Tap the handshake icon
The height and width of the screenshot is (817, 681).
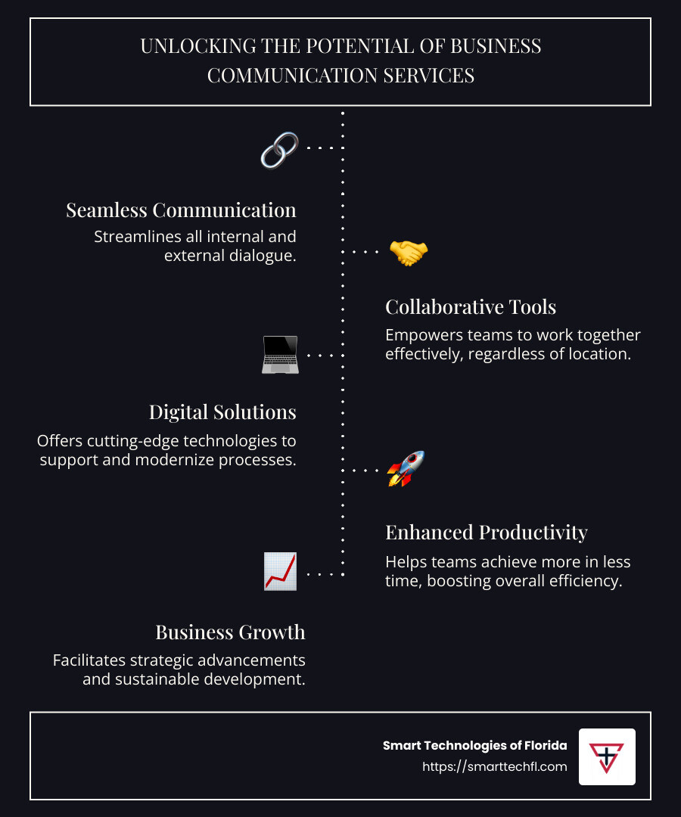click(409, 253)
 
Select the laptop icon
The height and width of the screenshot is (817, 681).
click(280, 355)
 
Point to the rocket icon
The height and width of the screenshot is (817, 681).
click(406, 468)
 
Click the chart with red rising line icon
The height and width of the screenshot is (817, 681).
click(280, 571)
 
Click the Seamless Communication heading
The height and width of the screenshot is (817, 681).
click(181, 210)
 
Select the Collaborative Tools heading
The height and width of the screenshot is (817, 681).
click(471, 307)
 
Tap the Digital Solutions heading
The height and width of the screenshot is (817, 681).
click(222, 412)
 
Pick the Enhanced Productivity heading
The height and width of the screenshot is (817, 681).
click(486, 533)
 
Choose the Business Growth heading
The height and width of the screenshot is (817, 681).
click(230, 632)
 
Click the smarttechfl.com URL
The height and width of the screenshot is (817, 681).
click(494, 766)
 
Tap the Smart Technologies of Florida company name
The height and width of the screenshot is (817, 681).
click(474, 746)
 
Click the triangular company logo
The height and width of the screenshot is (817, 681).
click(607, 757)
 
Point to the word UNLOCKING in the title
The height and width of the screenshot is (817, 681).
click(198, 46)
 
